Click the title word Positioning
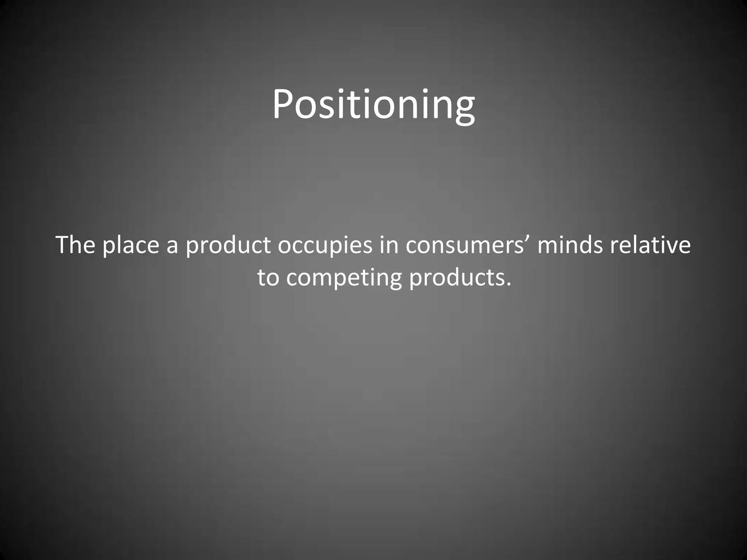tap(373, 105)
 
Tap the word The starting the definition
tap(76, 245)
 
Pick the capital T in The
tap(64, 245)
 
